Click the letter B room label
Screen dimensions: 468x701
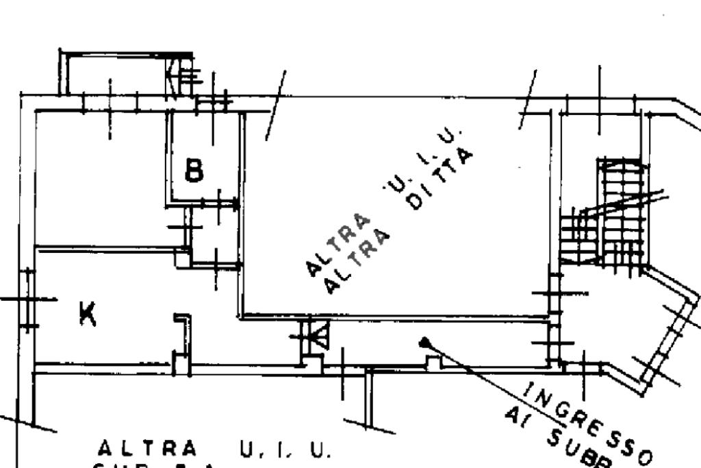(x=194, y=170)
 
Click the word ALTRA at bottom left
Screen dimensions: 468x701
(x=147, y=449)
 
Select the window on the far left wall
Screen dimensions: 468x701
(x=28, y=299)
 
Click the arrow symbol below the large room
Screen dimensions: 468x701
(x=316, y=336)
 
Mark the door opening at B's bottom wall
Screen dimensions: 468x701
(x=219, y=203)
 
